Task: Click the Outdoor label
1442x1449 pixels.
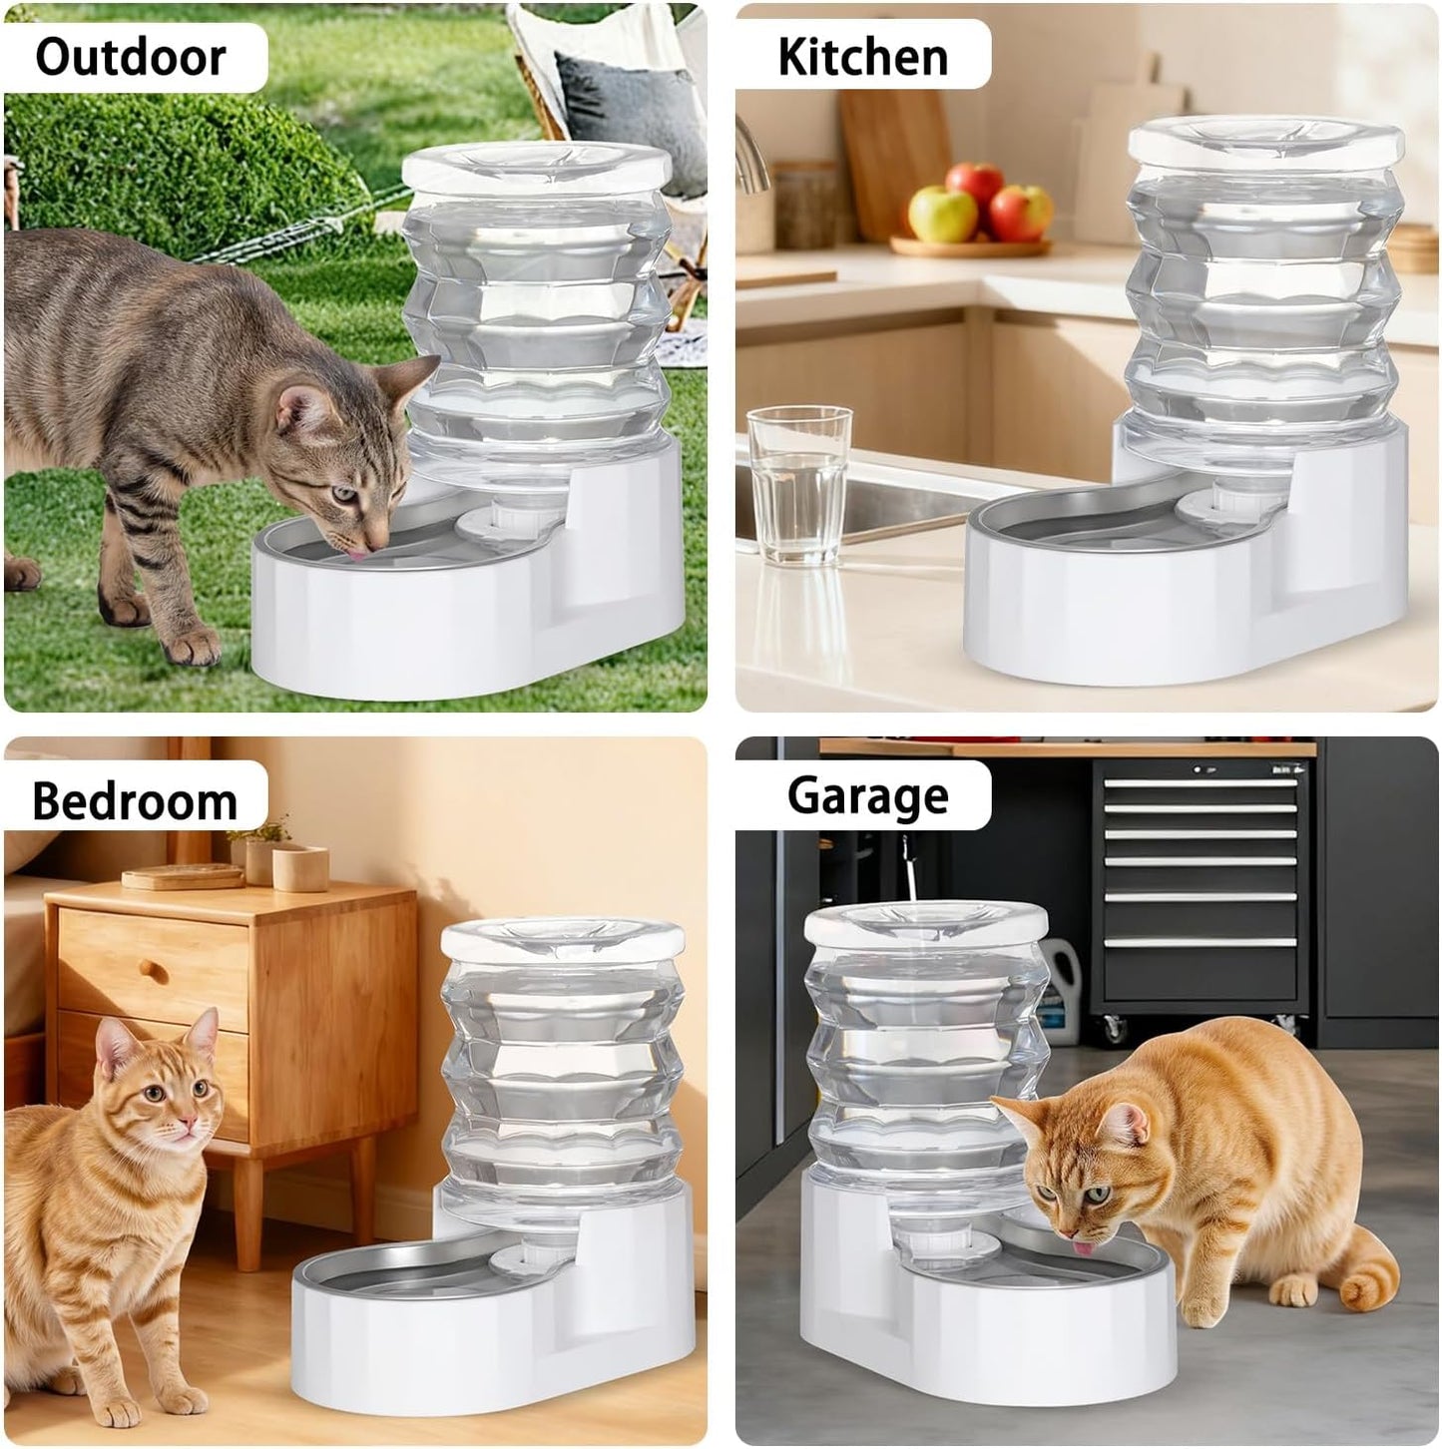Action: coord(131,56)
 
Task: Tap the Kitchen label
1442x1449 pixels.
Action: coord(862,56)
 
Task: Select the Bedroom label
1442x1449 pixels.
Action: coord(135,801)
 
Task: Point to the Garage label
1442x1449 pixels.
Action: coord(867,795)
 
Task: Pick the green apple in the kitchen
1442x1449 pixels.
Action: coord(942,214)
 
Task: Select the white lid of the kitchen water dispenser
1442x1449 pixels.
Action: coord(1266,140)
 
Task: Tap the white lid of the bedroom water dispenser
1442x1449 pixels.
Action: coord(564,939)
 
